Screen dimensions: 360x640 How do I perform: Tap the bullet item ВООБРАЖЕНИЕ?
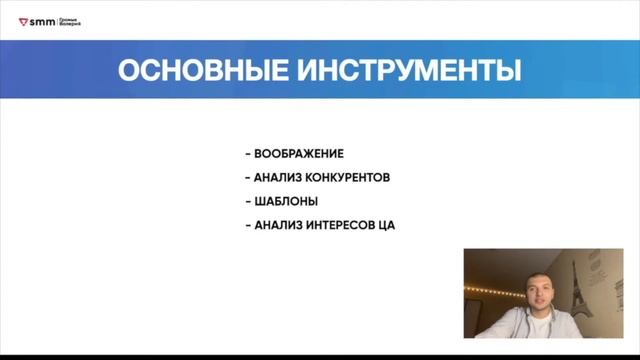click(x=299, y=154)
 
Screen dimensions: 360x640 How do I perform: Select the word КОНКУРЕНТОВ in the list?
click(x=347, y=178)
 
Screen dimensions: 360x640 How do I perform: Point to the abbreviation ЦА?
click(x=387, y=225)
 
